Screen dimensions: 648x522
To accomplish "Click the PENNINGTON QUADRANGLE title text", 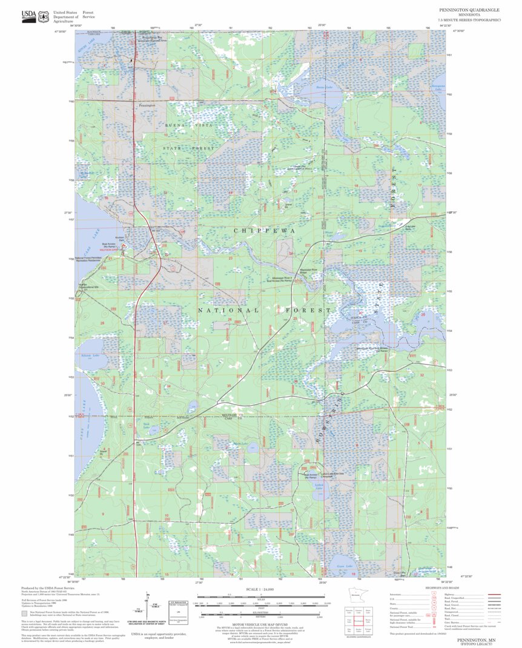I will [x=470, y=10].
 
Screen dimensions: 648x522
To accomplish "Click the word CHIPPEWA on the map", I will [x=265, y=231].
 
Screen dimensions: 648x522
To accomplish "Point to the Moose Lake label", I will [x=329, y=233].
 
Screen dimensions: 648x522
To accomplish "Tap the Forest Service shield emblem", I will [x=43, y=17].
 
